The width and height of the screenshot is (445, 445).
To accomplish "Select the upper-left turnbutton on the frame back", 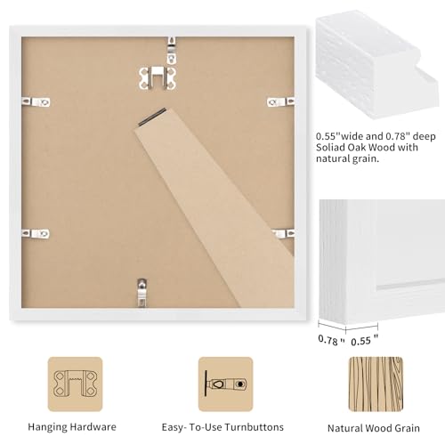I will pyautogui.click(x=38, y=102).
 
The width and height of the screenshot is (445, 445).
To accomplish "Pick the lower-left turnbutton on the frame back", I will pyautogui.click(x=37, y=233).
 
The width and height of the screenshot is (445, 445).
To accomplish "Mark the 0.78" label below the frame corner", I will pyautogui.click(x=330, y=339).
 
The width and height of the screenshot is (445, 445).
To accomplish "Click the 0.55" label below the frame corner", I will pyautogui.click(x=362, y=339).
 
